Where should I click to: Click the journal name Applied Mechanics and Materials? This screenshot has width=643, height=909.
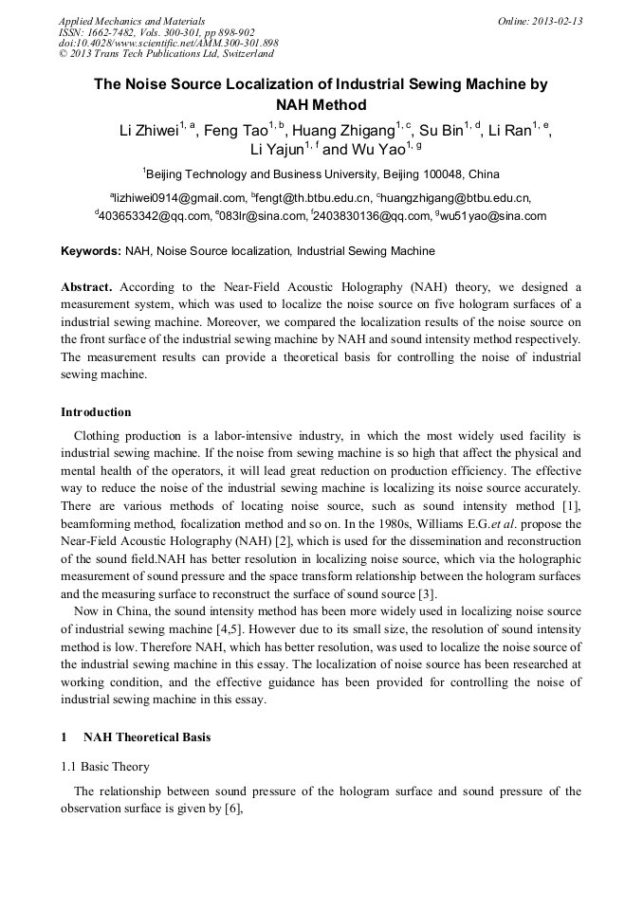132,21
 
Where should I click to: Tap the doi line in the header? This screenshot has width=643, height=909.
169,43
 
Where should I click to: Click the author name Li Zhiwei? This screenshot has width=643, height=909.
147,131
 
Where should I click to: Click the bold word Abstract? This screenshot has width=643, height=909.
86,286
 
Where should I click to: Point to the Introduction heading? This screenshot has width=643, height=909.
96,412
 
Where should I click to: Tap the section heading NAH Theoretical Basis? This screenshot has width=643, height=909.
147,737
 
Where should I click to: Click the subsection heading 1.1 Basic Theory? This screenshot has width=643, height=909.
104,766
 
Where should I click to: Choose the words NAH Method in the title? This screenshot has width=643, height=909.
321,104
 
